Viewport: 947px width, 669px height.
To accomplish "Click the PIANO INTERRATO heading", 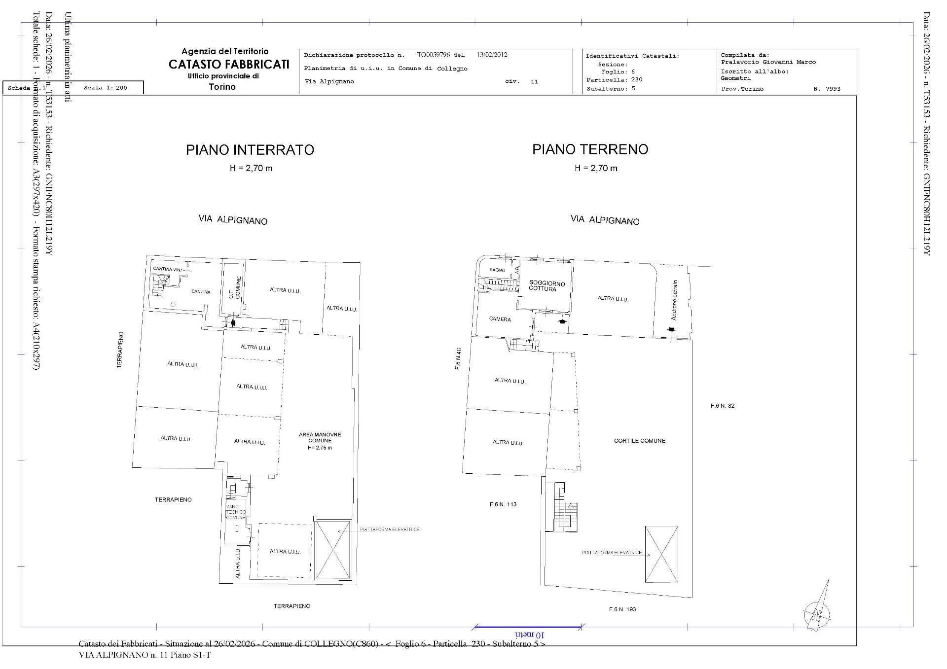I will (250, 150).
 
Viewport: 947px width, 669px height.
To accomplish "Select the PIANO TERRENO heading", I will (590, 149).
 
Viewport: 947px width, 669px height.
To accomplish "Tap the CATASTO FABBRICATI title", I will (229, 65).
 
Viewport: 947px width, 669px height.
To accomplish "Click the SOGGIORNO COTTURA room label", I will (546, 286).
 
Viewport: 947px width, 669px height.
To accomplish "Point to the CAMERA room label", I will (500, 319).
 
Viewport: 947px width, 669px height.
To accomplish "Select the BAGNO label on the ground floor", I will (497, 270).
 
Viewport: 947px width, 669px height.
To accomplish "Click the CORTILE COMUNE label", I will (639, 441).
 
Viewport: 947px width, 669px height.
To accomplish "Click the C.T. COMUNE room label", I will (235, 287).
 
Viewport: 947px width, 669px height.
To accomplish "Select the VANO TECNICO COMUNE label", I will (235, 512).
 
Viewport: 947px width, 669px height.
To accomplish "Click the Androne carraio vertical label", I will (674, 300).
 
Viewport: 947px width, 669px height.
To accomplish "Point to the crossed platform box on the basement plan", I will (333, 549).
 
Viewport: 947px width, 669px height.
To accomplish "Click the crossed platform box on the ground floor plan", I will (661, 554).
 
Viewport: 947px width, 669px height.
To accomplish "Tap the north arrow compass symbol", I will (818, 610).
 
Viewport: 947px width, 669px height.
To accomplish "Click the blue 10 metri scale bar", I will (527, 627).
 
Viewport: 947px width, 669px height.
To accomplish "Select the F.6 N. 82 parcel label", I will (722, 406).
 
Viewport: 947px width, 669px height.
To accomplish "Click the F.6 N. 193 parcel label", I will (622, 609).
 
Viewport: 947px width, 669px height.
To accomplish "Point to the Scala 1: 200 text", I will (106, 88).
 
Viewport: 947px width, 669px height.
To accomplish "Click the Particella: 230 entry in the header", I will (614, 79).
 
